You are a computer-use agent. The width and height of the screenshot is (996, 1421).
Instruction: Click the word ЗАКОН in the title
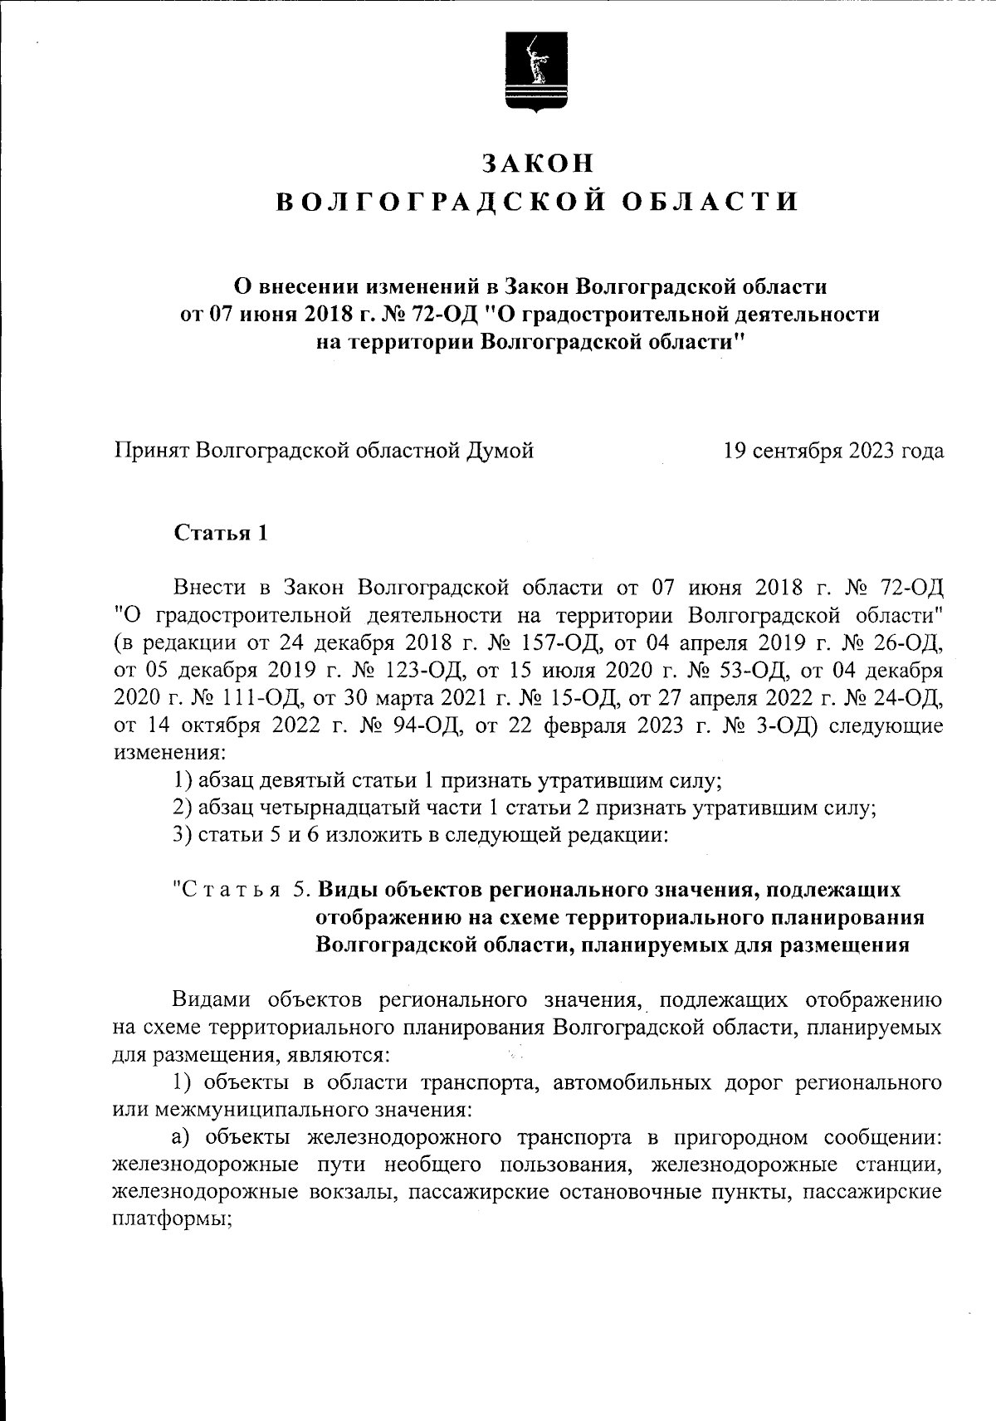(539, 163)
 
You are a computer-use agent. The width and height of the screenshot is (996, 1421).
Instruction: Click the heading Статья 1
(221, 533)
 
